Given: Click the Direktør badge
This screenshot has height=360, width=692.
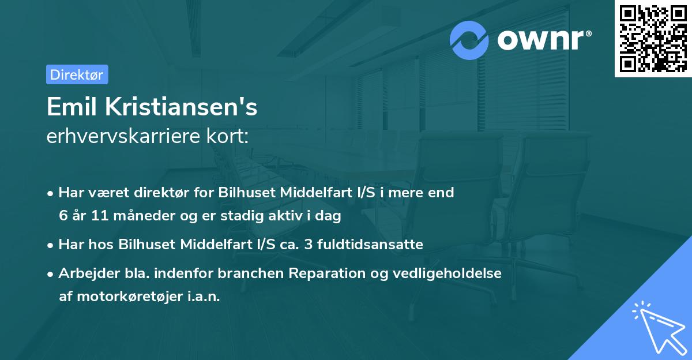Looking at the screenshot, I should point(77,74).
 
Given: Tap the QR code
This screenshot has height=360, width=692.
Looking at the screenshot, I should point(653,39).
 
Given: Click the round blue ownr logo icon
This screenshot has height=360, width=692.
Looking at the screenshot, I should point(469,40).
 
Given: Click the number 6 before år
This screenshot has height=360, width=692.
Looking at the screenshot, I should point(62,216).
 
